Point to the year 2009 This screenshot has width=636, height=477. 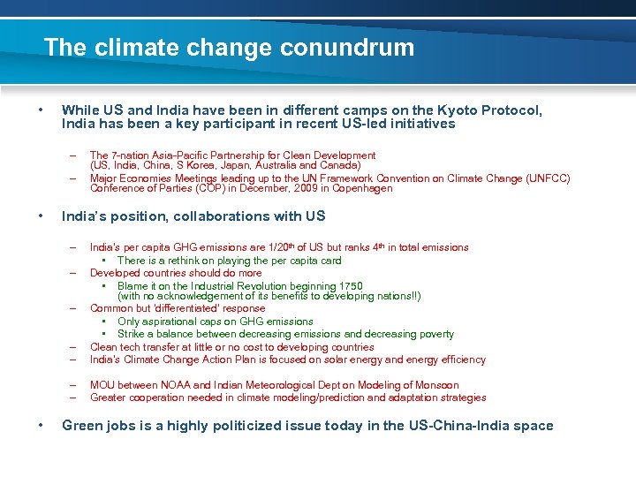pyautogui.click(x=308, y=188)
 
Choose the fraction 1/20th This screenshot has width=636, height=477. pyautogui.click(x=265, y=247)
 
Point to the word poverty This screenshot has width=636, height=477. pyautogui.click(x=432, y=334)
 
